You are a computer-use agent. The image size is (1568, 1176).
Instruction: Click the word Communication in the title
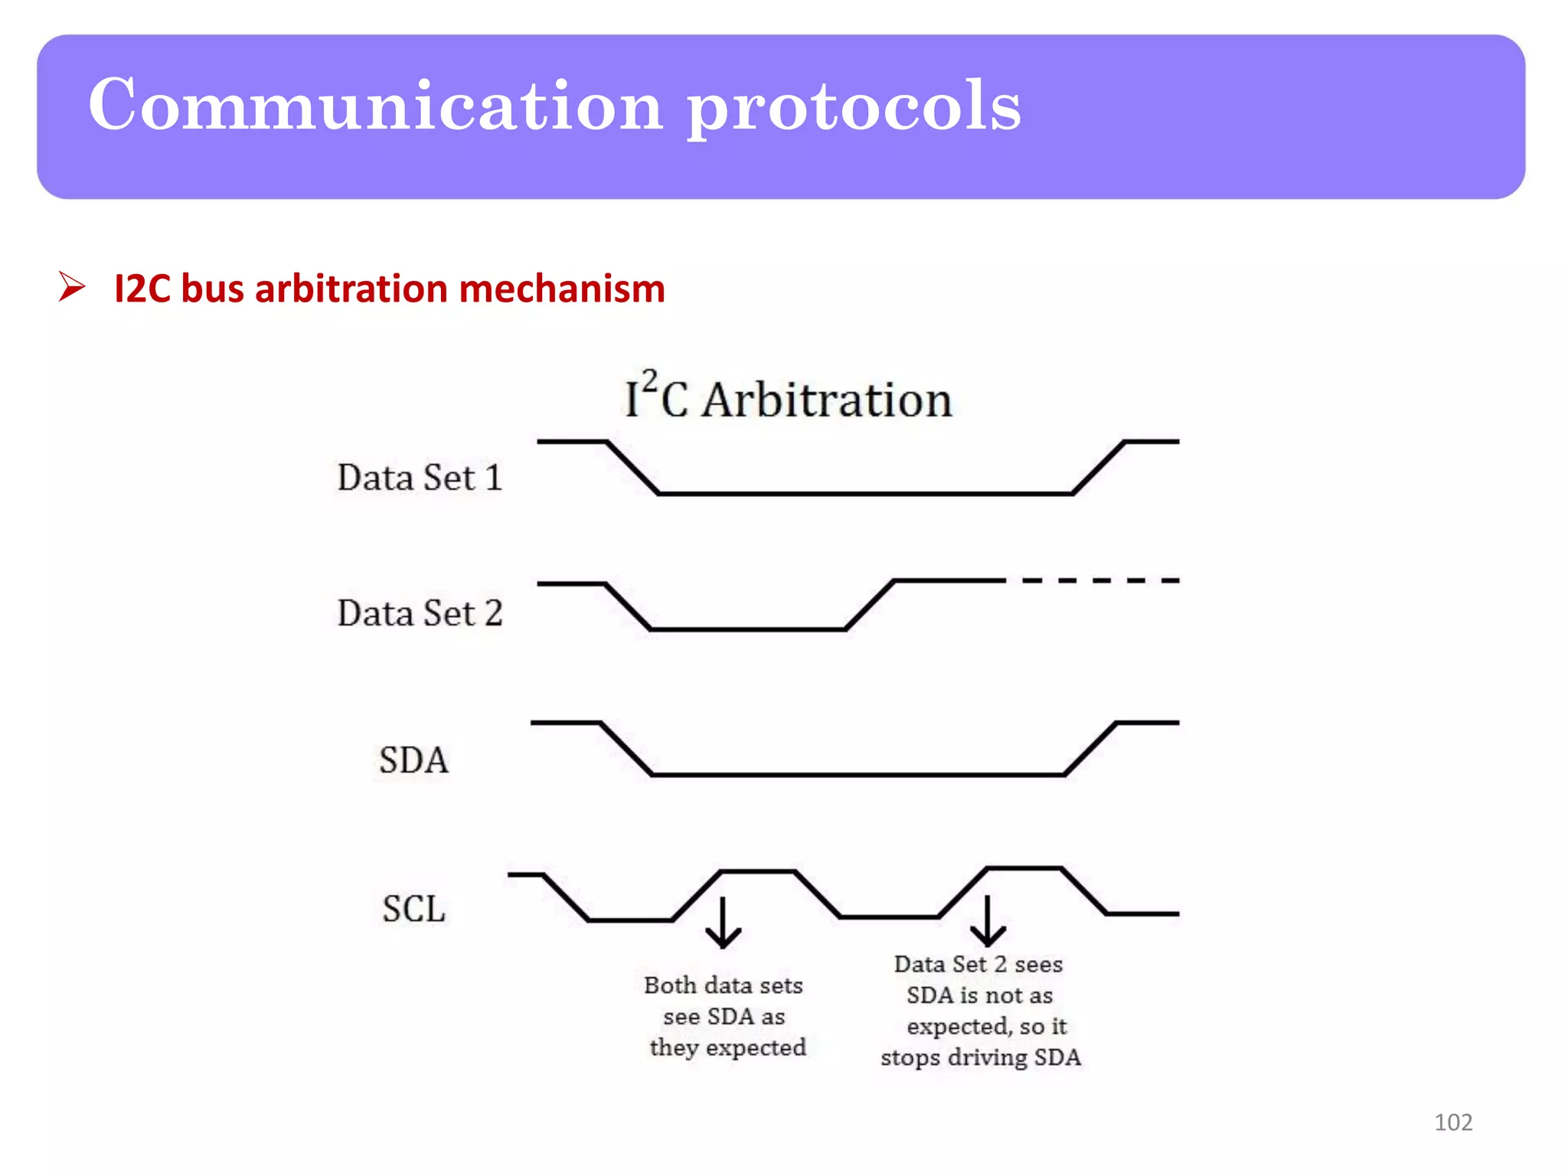click(x=375, y=105)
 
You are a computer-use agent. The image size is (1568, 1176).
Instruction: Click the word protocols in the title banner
click(x=853, y=107)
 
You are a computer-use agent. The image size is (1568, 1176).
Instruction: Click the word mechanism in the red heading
click(x=561, y=289)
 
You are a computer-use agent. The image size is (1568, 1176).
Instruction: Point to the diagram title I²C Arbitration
click(x=789, y=399)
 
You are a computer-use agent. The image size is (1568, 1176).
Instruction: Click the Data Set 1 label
click(x=420, y=478)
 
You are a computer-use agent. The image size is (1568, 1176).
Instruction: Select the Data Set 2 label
click(x=420, y=613)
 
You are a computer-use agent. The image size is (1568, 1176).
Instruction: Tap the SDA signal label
click(x=413, y=760)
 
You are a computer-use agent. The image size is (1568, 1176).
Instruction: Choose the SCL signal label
click(x=413, y=909)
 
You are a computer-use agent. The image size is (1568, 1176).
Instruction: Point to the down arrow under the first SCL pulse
click(x=723, y=923)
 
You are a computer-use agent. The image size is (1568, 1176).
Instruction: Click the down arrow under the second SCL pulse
click(x=988, y=921)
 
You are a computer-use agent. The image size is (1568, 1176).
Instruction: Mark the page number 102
click(x=1452, y=1122)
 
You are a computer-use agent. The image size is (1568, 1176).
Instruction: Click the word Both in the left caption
click(x=668, y=985)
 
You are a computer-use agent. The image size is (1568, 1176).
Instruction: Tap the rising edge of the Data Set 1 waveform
click(x=1098, y=468)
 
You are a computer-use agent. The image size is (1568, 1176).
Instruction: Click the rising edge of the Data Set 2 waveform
click(x=870, y=605)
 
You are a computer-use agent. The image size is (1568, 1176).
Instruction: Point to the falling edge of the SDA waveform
click(x=626, y=749)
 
